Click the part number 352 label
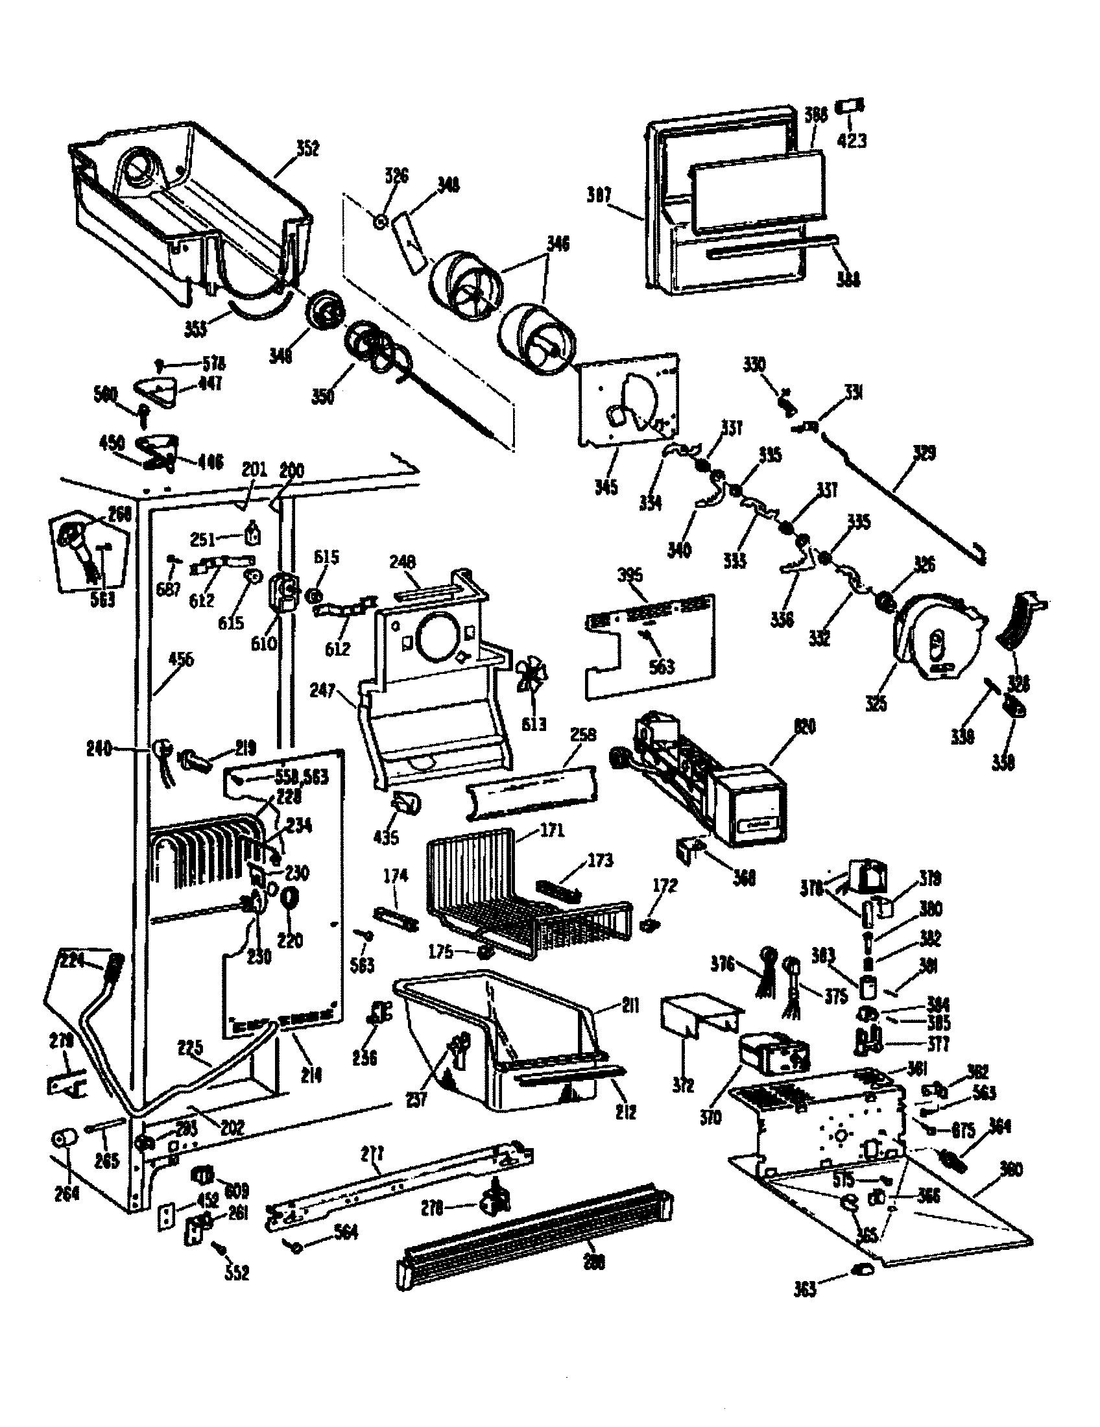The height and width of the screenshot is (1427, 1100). tap(307, 149)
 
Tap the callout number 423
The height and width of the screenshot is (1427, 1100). tap(852, 140)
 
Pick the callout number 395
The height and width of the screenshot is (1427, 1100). tap(630, 575)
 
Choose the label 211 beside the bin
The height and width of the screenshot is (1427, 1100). tap(630, 1005)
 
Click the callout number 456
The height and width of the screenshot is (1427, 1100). tap(181, 659)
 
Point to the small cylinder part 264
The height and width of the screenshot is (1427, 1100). tap(64, 1139)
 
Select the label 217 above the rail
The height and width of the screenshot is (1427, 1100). tap(372, 1155)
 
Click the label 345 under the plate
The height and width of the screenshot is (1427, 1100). tap(606, 487)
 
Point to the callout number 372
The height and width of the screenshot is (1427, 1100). tap(682, 1085)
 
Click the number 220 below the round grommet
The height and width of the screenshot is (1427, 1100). tap(290, 941)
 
